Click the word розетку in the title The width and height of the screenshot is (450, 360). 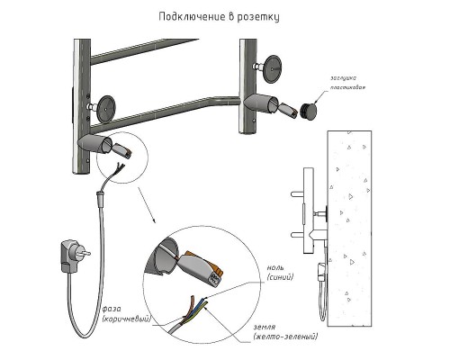[x=258, y=17]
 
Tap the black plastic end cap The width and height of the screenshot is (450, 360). [x=309, y=111]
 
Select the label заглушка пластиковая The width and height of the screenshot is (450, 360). [x=348, y=83]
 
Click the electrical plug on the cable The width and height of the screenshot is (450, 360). [x=74, y=256]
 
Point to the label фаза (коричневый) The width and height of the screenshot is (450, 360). [x=126, y=314]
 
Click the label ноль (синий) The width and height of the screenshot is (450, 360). [x=280, y=273]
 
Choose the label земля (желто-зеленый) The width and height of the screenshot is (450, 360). [x=285, y=332]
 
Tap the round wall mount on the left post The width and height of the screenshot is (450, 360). [x=106, y=109]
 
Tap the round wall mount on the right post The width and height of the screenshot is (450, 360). [x=273, y=69]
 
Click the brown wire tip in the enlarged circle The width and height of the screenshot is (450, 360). [x=192, y=301]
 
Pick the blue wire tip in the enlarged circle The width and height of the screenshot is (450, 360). [x=203, y=300]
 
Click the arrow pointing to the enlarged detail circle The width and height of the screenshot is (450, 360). [x=147, y=205]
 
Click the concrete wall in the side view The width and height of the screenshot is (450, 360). [x=349, y=229]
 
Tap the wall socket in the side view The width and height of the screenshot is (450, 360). [x=322, y=271]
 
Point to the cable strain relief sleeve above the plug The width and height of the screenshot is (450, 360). [x=99, y=198]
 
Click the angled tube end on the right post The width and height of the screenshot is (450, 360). [x=261, y=103]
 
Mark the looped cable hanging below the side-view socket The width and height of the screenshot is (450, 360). [x=323, y=300]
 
